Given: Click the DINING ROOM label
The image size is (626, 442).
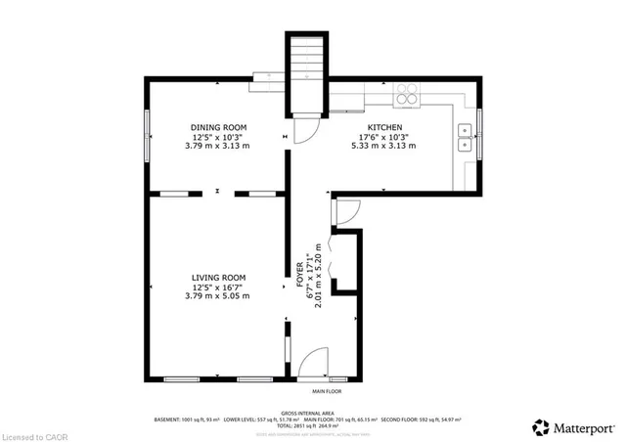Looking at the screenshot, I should coord(218,127).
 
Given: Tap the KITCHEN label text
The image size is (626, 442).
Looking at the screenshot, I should coord(383,127).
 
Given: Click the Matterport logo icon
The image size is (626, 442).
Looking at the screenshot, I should coord(539,426).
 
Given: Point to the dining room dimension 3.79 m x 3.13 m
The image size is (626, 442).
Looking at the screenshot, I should coord(218,146).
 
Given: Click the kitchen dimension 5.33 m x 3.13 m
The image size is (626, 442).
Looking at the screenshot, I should coord(383,146).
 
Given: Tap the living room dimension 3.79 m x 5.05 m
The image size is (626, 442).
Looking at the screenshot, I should coord(219,295).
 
